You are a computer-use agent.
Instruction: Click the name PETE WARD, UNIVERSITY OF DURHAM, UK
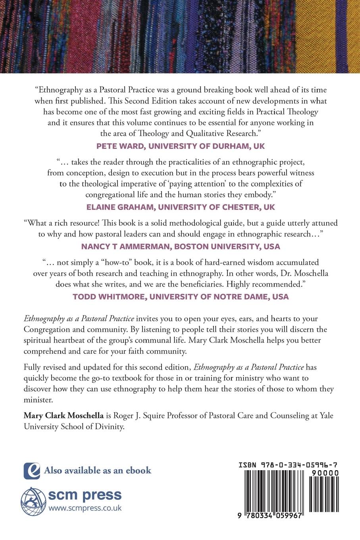tap(180, 146)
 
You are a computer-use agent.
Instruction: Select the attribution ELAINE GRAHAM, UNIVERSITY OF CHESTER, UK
tap(180, 206)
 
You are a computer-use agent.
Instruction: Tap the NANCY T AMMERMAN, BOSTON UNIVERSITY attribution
tap(180, 246)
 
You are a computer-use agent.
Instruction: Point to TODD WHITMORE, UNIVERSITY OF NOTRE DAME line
tap(180, 296)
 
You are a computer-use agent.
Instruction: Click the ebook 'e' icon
tap(32, 471)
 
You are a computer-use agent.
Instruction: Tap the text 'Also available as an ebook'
tap(98, 471)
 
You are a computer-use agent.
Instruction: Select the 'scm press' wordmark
tap(85, 495)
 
